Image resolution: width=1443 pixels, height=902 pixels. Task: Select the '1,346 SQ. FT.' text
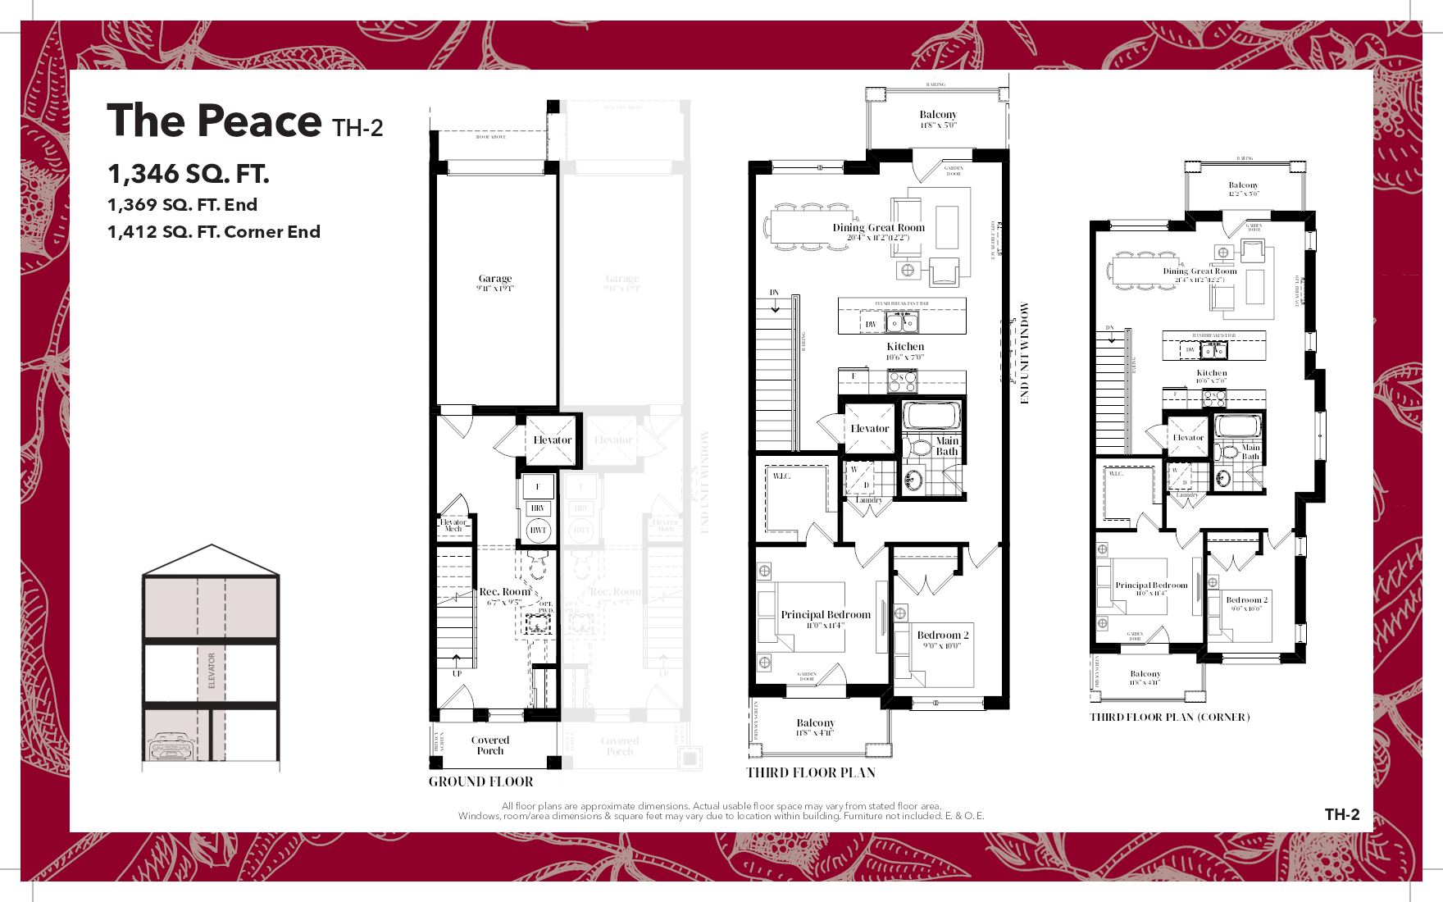188,174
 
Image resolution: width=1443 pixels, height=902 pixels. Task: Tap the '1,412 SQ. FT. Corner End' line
213,232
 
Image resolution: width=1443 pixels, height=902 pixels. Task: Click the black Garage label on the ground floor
495,279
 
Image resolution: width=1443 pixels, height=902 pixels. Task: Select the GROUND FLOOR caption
480,781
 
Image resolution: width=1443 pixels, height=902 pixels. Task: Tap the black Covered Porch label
490,745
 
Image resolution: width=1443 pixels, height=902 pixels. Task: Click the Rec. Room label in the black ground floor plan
504,591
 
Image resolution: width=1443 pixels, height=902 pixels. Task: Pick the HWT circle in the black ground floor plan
538,531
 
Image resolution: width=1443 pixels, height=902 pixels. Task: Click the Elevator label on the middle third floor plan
869,429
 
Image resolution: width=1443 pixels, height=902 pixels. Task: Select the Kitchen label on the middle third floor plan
905,347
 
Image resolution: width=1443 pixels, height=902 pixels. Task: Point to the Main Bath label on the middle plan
947,446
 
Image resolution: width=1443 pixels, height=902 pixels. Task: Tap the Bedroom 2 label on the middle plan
943,635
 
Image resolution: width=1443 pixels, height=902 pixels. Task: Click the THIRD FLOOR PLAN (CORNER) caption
1169,717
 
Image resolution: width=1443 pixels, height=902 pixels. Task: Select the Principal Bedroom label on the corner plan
1151,585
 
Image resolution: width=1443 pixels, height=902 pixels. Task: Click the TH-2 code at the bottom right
1342,814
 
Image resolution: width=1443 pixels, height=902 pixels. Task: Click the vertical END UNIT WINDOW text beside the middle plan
1025,353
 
